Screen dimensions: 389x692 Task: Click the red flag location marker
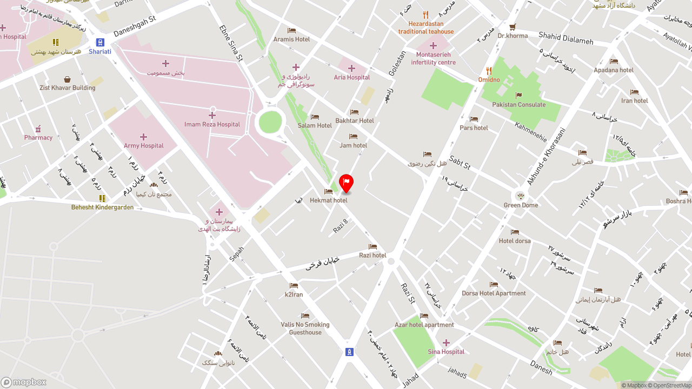pyautogui.click(x=346, y=183)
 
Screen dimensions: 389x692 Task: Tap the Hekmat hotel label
pyautogui.click(x=329, y=200)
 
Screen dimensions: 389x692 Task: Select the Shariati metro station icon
pyautogui.click(x=100, y=42)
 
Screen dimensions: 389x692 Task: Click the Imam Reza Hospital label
pyautogui.click(x=212, y=124)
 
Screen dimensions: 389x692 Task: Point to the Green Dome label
pyautogui.click(x=521, y=205)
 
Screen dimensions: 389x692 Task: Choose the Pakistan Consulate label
pyautogui.click(x=519, y=105)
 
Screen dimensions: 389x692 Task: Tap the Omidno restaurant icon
pyautogui.click(x=489, y=71)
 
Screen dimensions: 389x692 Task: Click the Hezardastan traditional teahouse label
pyautogui.click(x=426, y=28)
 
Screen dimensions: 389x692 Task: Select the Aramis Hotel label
pyautogui.click(x=291, y=39)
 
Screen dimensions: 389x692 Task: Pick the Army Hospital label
pyautogui.click(x=143, y=145)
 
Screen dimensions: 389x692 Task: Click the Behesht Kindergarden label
pyautogui.click(x=102, y=207)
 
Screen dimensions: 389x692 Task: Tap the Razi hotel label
pyautogui.click(x=372, y=255)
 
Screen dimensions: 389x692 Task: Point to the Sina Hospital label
pyautogui.click(x=446, y=352)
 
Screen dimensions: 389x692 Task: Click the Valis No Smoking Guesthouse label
pyautogui.click(x=305, y=328)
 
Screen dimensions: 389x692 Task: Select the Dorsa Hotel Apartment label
pyautogui.click(x=494, y=293)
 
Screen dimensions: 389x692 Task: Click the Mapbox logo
pyautogui.click(x=24, y=382)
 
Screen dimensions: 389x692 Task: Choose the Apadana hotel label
pyautogui.click(x=614, y=70)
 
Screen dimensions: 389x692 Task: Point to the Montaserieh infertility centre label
pyautogui.click(x=433, y=58)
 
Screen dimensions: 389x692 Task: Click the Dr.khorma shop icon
pyautogui.click(x=513, y=27)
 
